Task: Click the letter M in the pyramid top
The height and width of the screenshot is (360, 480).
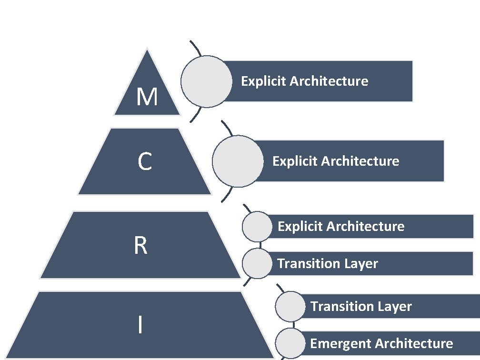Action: point(147,98)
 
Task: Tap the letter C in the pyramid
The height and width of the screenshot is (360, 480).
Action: point(145,162)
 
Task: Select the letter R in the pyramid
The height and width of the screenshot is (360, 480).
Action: point(140,246)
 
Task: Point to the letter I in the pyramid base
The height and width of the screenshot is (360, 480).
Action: point(140,325)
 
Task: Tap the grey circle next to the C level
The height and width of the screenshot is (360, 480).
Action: point(238,160)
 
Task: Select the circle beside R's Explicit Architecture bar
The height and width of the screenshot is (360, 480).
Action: point(257,226)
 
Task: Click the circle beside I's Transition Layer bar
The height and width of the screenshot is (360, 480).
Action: point(290,306)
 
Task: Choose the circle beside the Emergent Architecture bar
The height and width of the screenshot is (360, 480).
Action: point(290,343)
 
